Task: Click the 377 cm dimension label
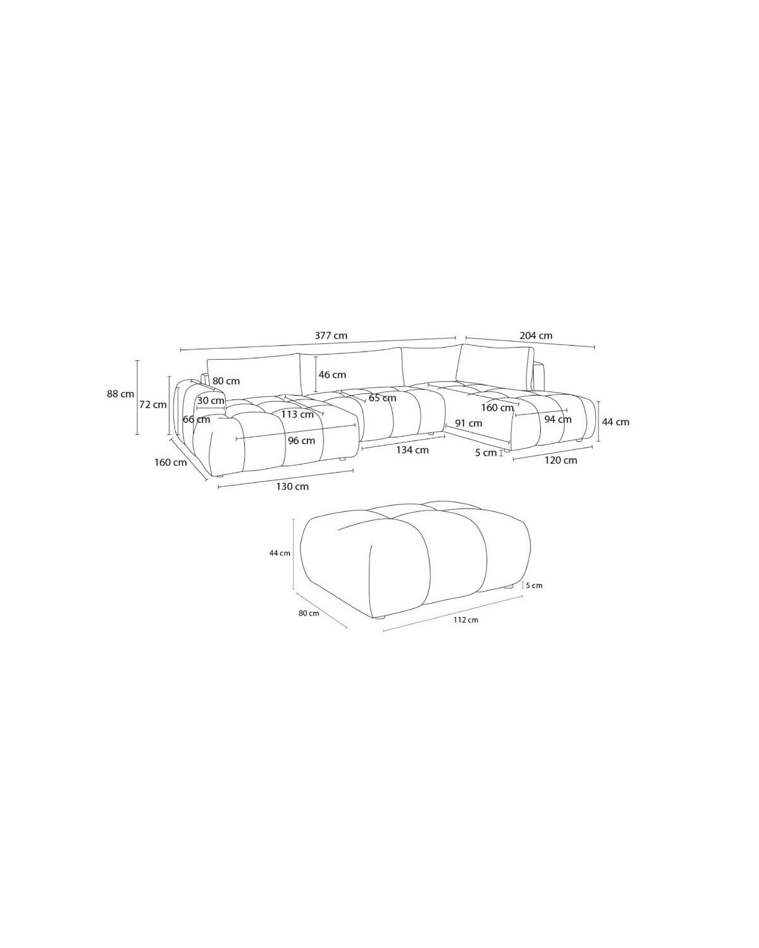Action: click(331, 336)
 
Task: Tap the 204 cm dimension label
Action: click(536, 336)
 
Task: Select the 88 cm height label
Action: click(120, 394)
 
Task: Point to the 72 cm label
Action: click(153, 404)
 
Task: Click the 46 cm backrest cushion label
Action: click(332, 375)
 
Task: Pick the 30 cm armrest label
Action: click(211, 401)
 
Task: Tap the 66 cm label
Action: click(196, 420)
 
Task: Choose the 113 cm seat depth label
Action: click(297, 415)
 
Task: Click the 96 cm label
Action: click(301, 441)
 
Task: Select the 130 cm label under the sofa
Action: click(292, 487)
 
